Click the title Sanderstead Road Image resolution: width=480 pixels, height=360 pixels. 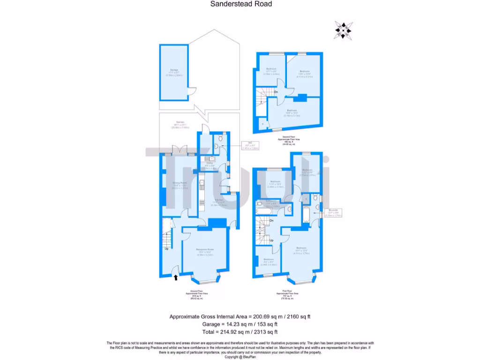coord(240,4)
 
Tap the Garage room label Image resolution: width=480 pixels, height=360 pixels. coord(174,72)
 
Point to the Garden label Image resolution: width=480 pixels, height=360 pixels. coord(180,124)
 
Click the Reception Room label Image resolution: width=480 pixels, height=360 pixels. coord(205,251)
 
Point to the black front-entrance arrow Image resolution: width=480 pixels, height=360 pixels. coord(176,277)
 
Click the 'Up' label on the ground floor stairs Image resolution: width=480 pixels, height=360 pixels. coord(166,248)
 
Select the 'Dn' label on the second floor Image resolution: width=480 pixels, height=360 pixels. coord(276,92)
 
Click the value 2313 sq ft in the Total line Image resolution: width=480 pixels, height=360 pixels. coord(263,332)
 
